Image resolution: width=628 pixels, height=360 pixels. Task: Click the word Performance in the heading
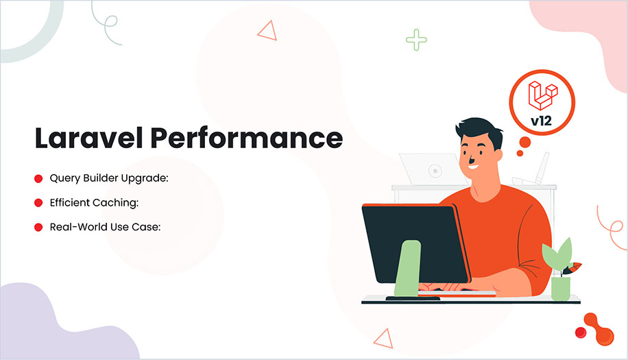(246, 138)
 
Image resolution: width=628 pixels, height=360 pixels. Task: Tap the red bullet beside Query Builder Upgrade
(38, 179)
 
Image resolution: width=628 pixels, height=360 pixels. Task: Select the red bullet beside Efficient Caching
(38, 203)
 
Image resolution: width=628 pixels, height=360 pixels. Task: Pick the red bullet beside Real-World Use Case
(38, 227)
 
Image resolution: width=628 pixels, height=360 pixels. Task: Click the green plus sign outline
(416, 40)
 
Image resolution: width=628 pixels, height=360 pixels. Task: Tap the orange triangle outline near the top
(266, 29)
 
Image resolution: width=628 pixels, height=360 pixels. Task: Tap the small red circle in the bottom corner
(580, 333)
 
